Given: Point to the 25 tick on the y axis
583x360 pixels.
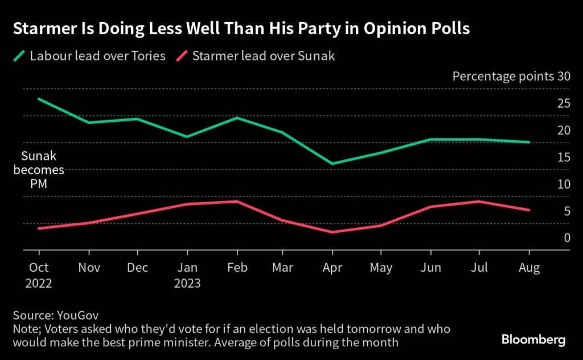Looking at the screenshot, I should pos(564,103).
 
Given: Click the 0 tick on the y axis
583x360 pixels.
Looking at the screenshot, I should pos(566,238).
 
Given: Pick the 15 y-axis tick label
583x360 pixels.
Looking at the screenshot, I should pos(564,157).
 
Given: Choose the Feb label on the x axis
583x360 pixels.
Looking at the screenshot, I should pos(237,267).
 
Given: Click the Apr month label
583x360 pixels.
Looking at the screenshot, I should pos(332,267).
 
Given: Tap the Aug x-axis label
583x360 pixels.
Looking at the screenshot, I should pos(529,267).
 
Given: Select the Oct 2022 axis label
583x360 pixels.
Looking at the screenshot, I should pos(39,275).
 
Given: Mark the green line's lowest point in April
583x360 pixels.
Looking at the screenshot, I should pos(332,163).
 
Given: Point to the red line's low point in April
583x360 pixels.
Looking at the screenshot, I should pos(332,232).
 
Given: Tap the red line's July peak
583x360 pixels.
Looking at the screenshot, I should pos(479,201).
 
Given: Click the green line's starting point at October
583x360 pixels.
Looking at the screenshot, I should pos(39,99).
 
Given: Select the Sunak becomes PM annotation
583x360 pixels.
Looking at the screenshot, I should pos(43,170).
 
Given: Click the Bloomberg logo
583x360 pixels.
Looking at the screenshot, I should pos(533,339).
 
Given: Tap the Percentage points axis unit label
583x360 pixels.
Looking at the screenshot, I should pos(503,76).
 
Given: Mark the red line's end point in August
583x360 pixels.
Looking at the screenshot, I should pos(529,210).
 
